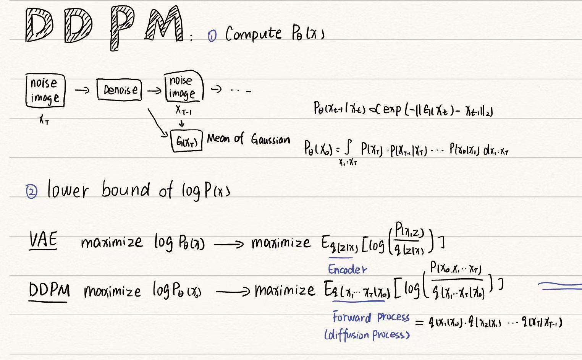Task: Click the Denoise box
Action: click(119, 89)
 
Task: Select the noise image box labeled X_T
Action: click(45, 90)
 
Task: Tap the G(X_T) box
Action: click(186, 141)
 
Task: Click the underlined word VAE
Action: click(43, 241)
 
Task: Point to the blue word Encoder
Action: click(347, 269)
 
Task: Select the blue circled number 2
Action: click(32, 191)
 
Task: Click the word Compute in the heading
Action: click(253, 34)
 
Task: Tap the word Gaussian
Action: click(270, 139)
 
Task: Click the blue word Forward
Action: click(351, 317)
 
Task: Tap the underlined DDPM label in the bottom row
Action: click(49, 291)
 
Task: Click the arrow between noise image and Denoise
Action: click(82, 91)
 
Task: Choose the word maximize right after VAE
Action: click(112, 242)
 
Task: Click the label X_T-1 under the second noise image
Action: click(183, 110)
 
